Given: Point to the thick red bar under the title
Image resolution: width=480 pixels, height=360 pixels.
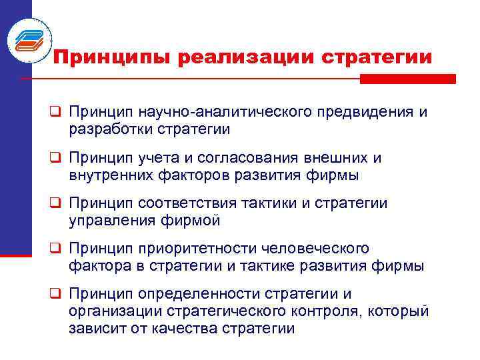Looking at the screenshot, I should tap(407, 79).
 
